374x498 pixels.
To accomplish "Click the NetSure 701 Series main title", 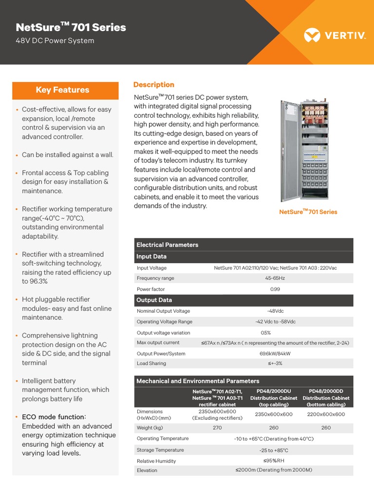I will pyautogui.click(x=71, y=27).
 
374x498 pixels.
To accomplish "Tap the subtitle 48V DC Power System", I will pyautogui.click(x=55, y=41).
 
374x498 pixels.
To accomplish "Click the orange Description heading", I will pyautogui.click(x=153, y=85).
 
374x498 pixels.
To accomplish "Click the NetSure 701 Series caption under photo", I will pyautogui.click(x=308, y=212).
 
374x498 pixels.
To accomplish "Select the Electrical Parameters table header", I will pyautogui.click(x=168, y=245).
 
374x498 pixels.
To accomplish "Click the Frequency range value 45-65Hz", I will pyautogui.click(x=275, y=278).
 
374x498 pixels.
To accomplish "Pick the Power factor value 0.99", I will pyautogui.click(x=275, y=289).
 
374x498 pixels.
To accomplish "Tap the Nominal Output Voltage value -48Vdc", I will pyautogui.click(x=275, y=311).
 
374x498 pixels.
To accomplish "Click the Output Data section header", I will pyautogui.click(x=154, y=300).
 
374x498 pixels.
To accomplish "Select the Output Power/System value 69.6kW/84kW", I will pyautogui.click(x=275, y=354).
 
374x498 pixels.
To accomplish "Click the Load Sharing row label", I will pyautogui.click(x=151, y=363).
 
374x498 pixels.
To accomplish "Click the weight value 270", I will pyautogui.click(x=217, y=428).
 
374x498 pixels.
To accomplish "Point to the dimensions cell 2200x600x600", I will pyautogui.click(x=326, y=414).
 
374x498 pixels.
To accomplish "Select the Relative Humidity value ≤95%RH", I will pyautogui.click(x=274, y=461).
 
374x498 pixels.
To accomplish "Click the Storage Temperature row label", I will pyautogui.click(x=160, y=450).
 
